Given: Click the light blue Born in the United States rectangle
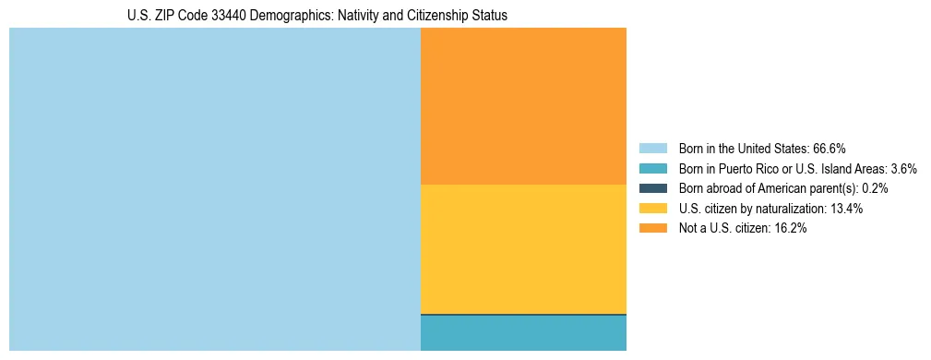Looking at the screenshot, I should [214, 189].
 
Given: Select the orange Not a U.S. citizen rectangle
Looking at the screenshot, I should [523, 106].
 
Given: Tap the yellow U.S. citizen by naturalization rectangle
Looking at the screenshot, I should [523, 249].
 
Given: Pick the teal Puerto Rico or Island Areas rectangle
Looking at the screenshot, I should [523, 334].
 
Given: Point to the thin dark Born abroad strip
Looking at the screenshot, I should [523, 315].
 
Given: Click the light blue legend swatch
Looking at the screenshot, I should [653, 148].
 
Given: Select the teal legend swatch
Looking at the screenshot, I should [653, 168].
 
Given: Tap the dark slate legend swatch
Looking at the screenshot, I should [653, 188].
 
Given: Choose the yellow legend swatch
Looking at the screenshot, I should [653, 209].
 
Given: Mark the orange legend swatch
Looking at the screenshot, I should [653, 229].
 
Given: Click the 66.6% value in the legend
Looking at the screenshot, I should [830, 148].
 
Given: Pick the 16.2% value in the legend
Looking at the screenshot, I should [791, 229].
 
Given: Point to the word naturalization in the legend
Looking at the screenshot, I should [788, 209].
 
